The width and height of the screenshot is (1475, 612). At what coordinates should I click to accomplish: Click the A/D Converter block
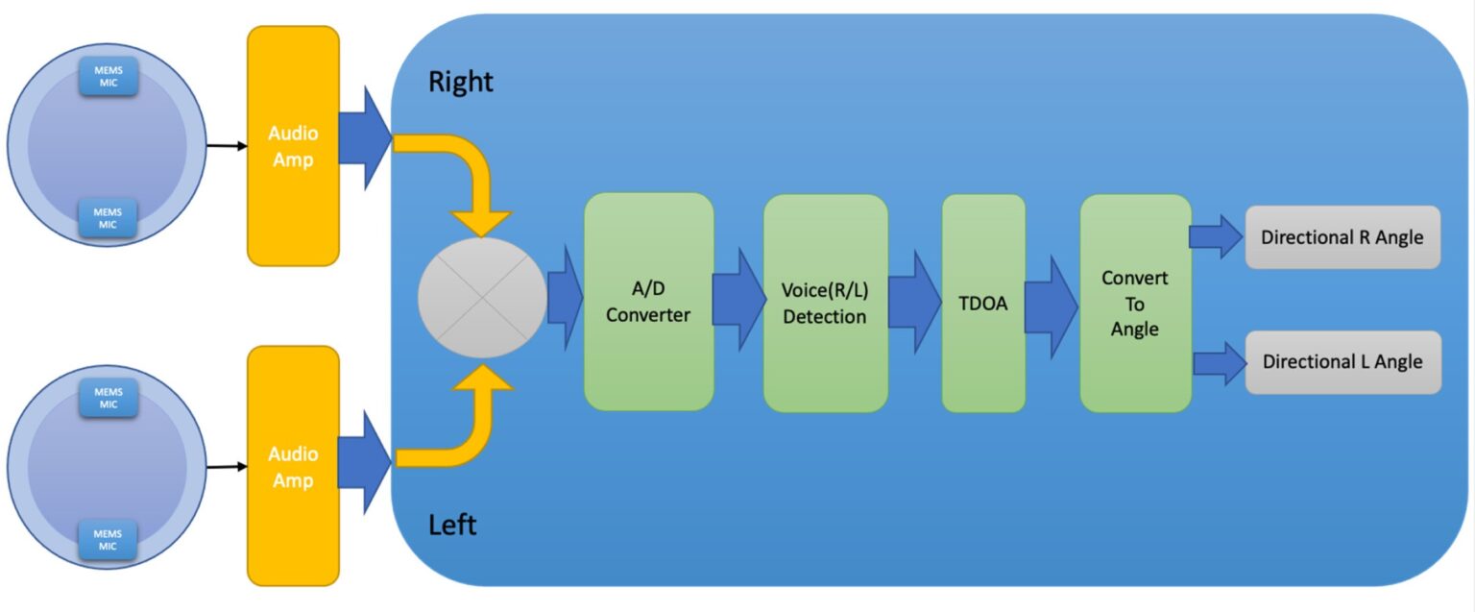pos(648,302)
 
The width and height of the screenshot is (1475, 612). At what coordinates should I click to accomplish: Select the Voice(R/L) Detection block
pos(824,303)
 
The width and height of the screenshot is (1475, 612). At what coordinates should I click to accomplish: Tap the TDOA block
pos(982,303)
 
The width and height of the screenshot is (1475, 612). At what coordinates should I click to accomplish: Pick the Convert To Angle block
pos(1135,303)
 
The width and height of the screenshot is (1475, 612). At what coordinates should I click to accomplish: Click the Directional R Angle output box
pos(1342,237)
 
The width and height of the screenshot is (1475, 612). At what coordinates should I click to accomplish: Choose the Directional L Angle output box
pos(1342,362)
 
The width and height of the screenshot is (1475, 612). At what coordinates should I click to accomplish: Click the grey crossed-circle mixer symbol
pos(483,298)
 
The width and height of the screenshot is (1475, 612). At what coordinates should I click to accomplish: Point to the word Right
pos(460,83)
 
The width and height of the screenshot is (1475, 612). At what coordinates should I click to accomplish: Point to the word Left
pos(451,526)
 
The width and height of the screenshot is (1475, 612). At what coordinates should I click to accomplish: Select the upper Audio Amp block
pos(293,146)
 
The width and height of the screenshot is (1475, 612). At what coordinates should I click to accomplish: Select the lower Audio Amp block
pos(293,466)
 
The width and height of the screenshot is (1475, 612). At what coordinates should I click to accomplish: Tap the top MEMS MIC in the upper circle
pos(108,76)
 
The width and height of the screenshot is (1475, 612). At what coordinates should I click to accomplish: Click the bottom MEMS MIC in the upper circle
pos(108,217)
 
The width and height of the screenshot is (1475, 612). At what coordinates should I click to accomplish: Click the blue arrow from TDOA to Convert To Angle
pos(1051,306)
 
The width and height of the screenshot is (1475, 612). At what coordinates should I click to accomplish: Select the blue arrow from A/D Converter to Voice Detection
pos(737,299)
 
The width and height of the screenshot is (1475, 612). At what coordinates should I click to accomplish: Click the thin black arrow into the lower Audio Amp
pos(226,468)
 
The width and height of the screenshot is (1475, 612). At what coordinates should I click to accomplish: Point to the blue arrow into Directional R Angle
pos(1216,236)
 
